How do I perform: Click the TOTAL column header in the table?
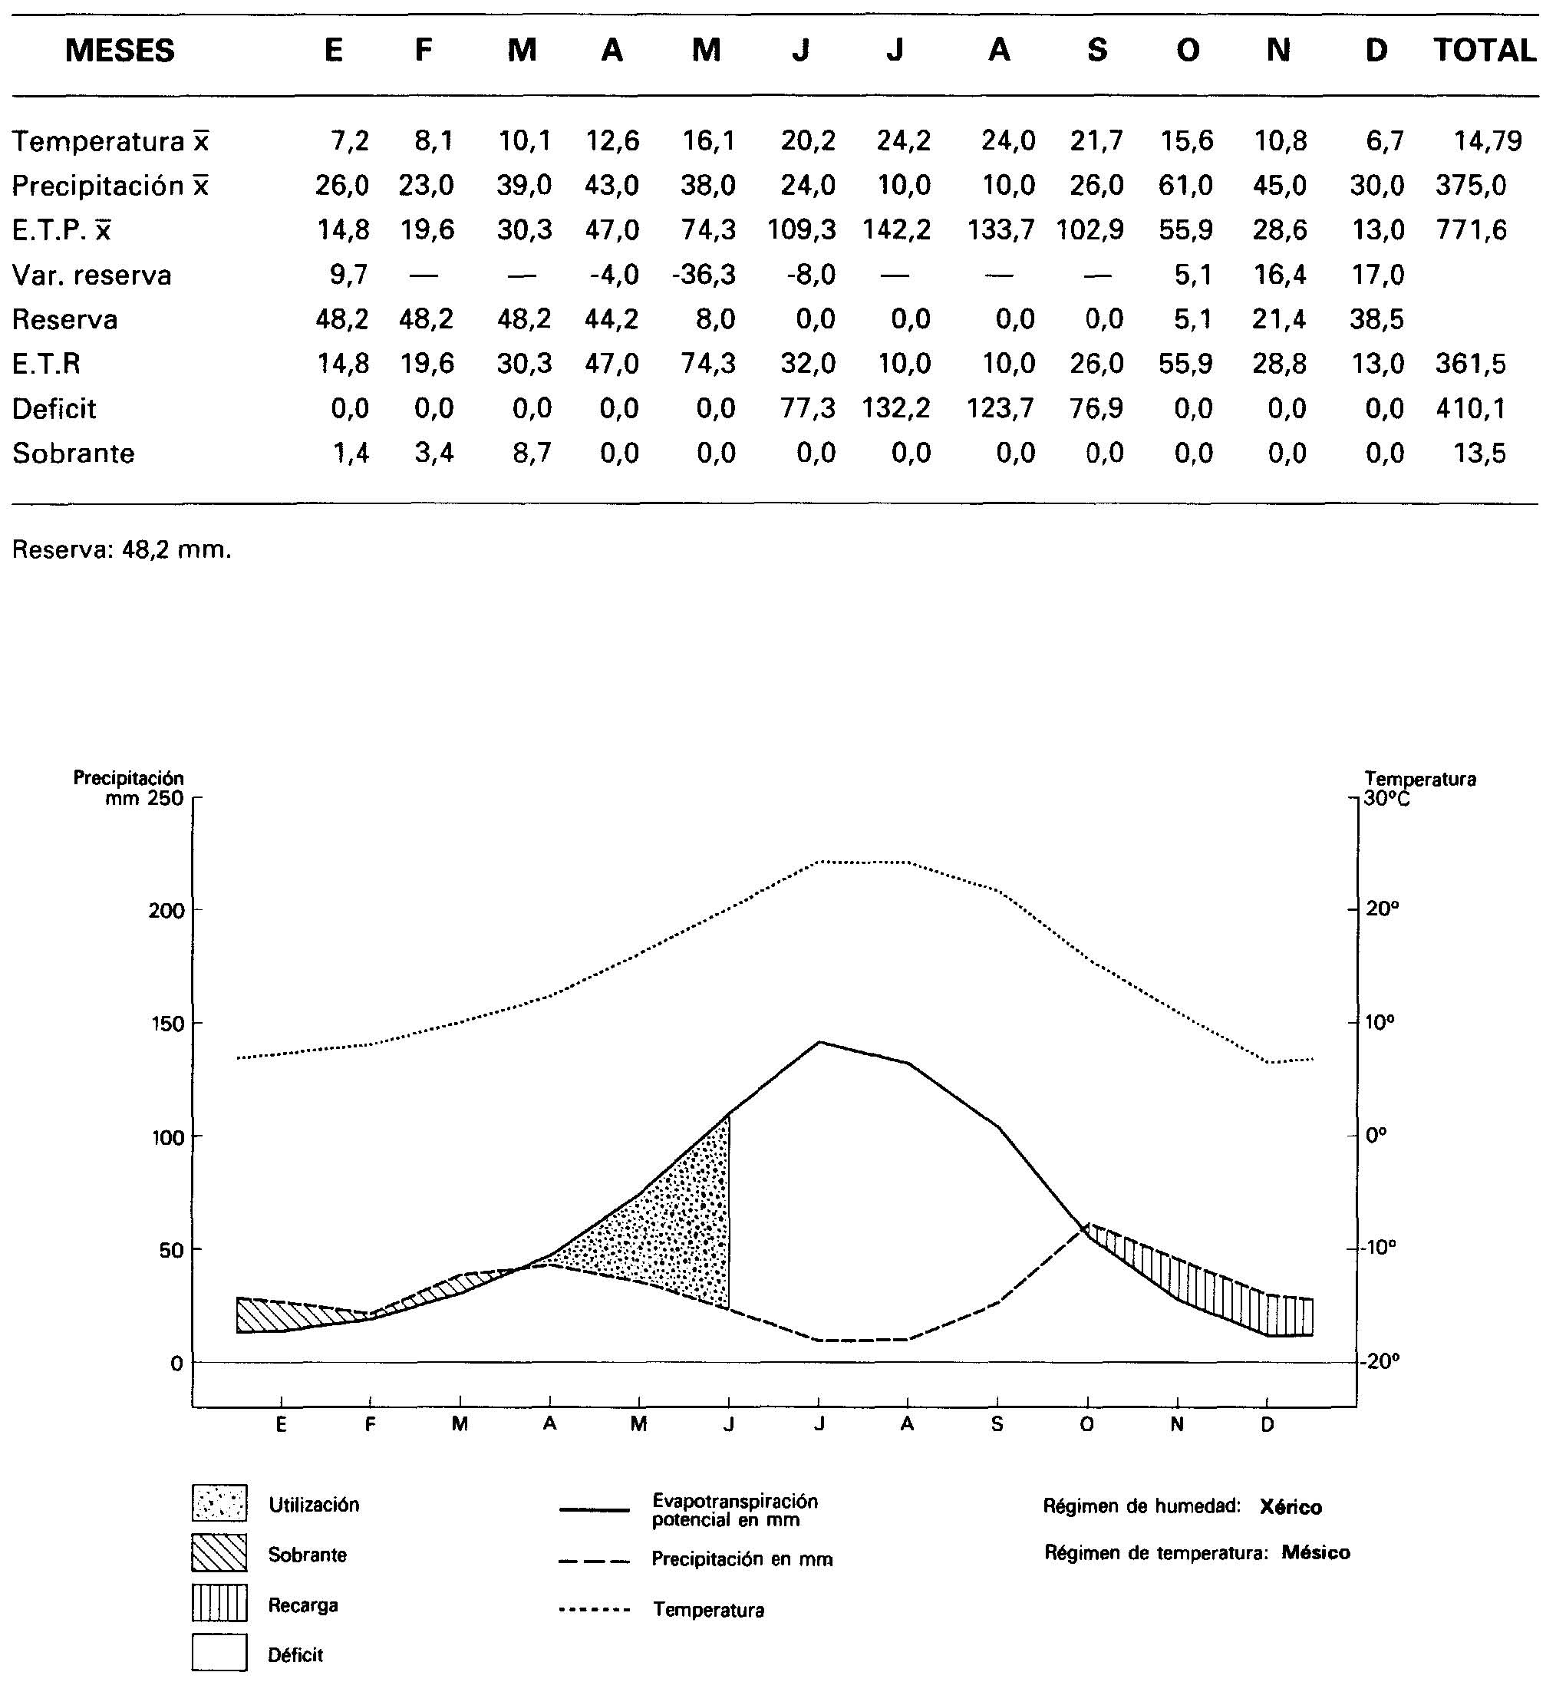tap(1485, 51)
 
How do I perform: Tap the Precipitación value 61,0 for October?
tap(1185, 185)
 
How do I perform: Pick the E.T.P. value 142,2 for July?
tap(897, 230)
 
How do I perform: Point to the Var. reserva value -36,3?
tap(703, 275)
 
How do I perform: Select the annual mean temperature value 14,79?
tap(1488, 140)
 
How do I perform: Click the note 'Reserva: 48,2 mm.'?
tap(121, 551)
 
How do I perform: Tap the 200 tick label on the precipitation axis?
tap(166, 911)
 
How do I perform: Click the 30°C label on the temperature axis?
tap(1386, 797)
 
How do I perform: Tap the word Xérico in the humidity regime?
tap(1290, 1507)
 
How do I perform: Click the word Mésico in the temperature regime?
tap(1315, 1553)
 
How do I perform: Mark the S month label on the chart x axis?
tap(997, 1424)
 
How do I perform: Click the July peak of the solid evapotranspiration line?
tap(819, 1042)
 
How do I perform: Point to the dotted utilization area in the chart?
tap(674, 1222)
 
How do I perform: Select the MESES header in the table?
tap(120, 51)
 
